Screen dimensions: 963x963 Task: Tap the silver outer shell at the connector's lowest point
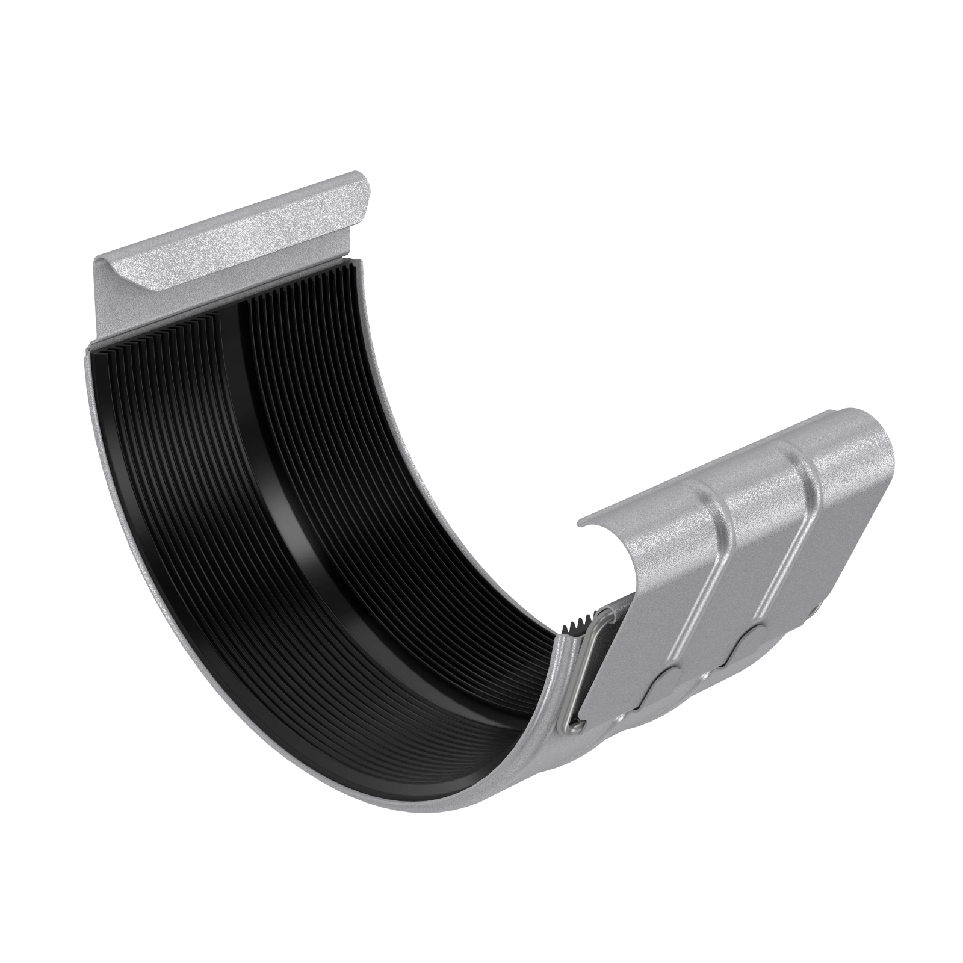[x=421, y=810]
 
